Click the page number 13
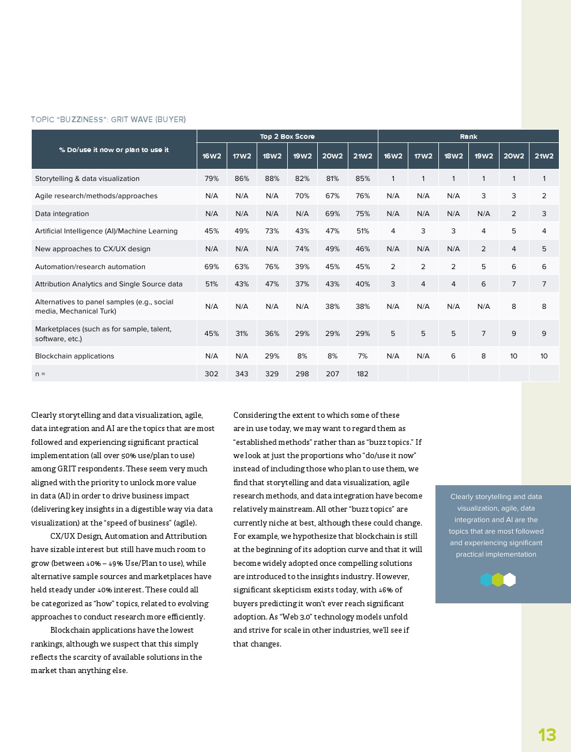[x=547, y=735]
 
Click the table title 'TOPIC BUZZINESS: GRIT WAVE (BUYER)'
[x=108, y=120]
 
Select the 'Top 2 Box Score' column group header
[x=287, y=137]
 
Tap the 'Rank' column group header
[x=468, y=137]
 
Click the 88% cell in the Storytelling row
[x=272, y=179]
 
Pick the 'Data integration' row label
[x=62, y=214]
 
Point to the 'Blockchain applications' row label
[x=74, y=356]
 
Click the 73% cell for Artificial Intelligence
[x=272, y=231]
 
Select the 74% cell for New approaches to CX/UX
[x=302, y=249]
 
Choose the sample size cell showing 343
[x=242, y=374]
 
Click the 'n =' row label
[x=40, y=374]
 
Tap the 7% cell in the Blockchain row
[x=363, y=356]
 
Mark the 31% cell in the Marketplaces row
[x=242, y=334]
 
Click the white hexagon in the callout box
[x=510, y=580]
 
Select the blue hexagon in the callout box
[x=486, y=580]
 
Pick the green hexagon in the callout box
[x=498, y=580]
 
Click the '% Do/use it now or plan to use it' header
[x=114, y=150]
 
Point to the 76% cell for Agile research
[x=363, y=196]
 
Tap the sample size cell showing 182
[x=363, y=374]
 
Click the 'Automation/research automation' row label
[x=90, y=267]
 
